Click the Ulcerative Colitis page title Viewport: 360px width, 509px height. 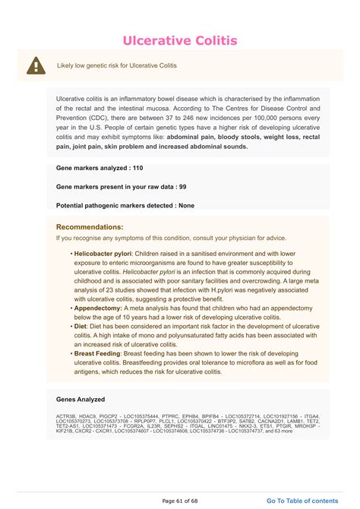[180, 40]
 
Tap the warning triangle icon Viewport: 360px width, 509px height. [35, 65]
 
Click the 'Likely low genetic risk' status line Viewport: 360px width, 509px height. [117, 65]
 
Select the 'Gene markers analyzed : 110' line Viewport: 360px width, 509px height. [99, 167]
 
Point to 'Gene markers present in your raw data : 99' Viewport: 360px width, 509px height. [122, 186]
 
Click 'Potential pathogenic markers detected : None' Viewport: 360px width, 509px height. [125, 205]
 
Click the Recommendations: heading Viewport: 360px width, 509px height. [90, 226]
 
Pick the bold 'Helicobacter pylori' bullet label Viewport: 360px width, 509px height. [103, 252]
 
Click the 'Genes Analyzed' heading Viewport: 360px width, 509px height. [81, 399]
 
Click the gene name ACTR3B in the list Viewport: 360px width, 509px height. [66, 416]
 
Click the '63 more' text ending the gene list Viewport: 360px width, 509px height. [302, 432]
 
